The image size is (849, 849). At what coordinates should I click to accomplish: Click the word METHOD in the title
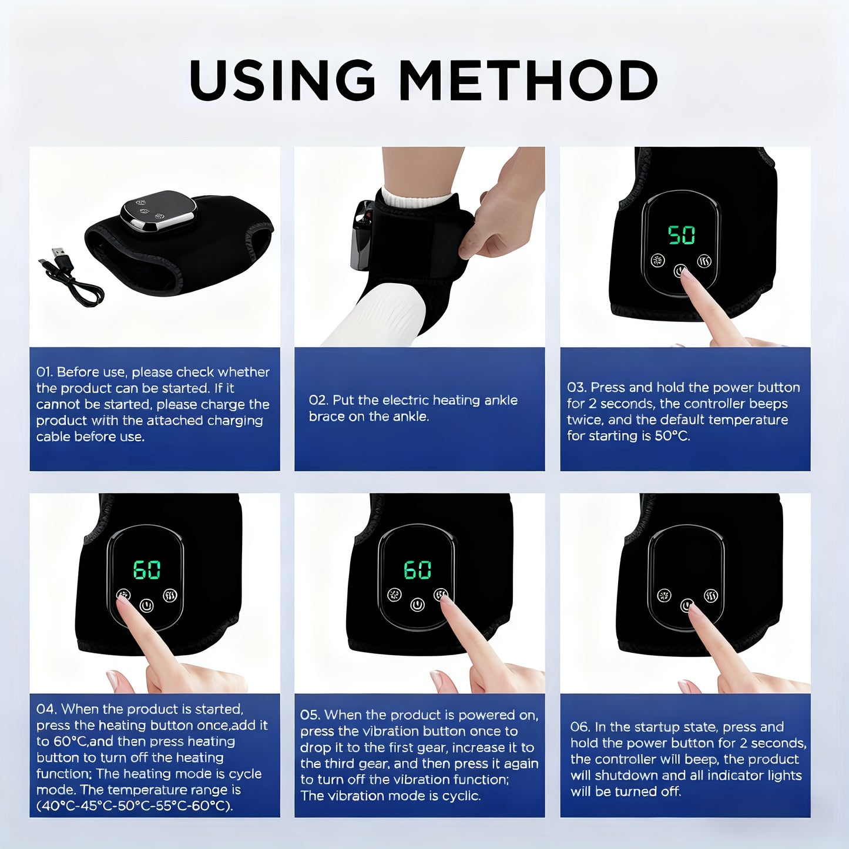pyautogui.click(x=528, y=80)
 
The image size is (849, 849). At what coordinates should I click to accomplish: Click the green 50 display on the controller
pyautogui.click(x=682, y=235)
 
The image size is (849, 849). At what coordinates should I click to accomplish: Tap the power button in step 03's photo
pyautogui.click(x=680, y=271)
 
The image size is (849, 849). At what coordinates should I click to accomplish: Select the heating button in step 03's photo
pyautogui.click(x=704, y=261)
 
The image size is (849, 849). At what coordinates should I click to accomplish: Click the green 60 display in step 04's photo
pyautogui.click(x=146, y=569)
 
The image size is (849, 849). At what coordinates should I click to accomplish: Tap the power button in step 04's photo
pyautogui.click(x=146, y=605)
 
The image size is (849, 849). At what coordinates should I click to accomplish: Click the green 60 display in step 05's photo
pyautogui.click(x=417, y=569)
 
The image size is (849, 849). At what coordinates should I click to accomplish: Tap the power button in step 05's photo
pyautogui.click(x=417, y=604)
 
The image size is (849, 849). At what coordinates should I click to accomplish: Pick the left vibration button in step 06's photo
pyautogui.click(x=664, y=595)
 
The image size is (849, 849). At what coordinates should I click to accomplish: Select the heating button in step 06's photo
pyautogui.click(x=711, y=595)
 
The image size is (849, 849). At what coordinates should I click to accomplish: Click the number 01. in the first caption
pyautogui.click(x=45, y=373)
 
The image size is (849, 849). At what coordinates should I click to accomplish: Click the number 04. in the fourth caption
pyautogui.click(x=46, y=710)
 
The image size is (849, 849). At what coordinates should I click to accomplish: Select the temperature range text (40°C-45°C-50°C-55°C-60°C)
pyautogui.click(x=135, y=806)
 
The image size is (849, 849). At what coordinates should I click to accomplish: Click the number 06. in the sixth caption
pyautogui.click(x=580, y=727)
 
